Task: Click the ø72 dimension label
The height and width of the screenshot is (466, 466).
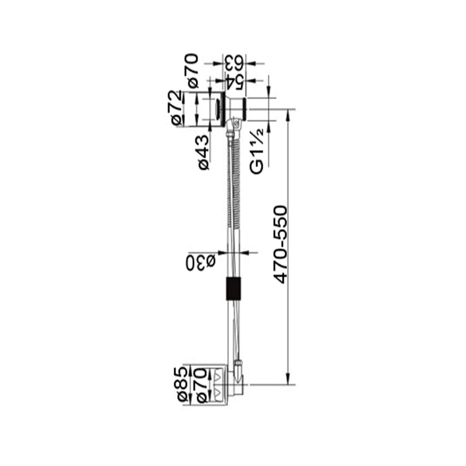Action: tap(176, 108)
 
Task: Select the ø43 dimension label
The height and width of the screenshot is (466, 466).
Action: tap(204, 153)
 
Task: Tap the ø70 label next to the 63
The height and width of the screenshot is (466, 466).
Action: tap(193, 70)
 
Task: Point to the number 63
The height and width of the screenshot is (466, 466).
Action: tap(234, 63)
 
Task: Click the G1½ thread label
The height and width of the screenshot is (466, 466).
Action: tap(257, 151)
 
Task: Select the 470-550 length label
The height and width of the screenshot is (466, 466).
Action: tap(281, 244)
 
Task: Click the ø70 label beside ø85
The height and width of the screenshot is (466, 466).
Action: tap(202, 385)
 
